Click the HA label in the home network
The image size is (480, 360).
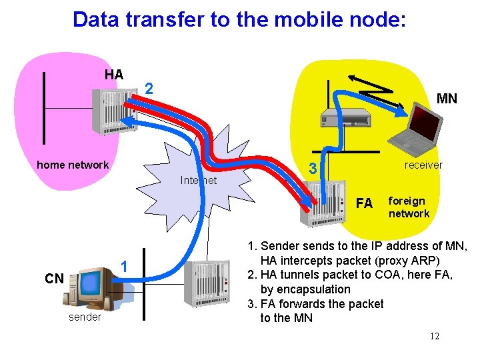pyautogui.click(x=114, y=75)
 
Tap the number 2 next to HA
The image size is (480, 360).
pyautogui.click(x=150, y=89)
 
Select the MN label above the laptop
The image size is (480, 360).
pyautogui.click(x=447, y=99)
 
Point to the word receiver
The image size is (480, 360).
pyautogui.click(x=423, y=165)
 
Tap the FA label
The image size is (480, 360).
pyautogui.click(x=365, y=203)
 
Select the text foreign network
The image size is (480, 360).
pyautogui.click(x=409, y=207)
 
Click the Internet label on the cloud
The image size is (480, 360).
pyautogui.click(x=199, y=180)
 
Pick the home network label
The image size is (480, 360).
pyautogui.click(x=73, y=165)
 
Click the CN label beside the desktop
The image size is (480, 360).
pyautogui.click(x=55, y=279)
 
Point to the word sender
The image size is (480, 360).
pyautogui.click(x=85, y=317)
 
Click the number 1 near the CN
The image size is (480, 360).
pyautogui.click(x=123, y=267)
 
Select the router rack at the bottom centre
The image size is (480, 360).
pyautogui.click(x=210, y=287)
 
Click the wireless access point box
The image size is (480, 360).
pyautogui.click(x=345, y=118)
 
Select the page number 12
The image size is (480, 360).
pyautogui.click(x=434, y=336)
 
